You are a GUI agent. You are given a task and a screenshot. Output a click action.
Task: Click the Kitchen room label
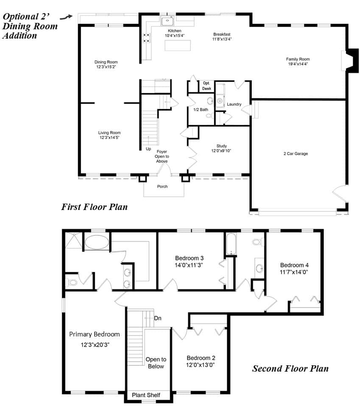(174, 31)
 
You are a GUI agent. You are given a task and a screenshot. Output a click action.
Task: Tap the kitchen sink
(167, 21)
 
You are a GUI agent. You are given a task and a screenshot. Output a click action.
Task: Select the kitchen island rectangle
(178, 45)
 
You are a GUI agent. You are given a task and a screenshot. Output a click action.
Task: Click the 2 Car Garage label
(296, 154)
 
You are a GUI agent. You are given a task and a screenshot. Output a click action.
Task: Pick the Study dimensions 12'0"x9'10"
(221, 151)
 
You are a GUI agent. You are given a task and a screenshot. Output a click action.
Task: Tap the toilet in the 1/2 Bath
(209, 115)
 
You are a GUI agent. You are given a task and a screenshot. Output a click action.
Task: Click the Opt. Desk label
(207, 86)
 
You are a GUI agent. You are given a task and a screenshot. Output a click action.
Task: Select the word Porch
(162, 186)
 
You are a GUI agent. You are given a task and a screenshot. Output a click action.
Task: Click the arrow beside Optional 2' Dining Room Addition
(66, 17)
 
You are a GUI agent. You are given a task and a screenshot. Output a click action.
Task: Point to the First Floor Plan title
(95, 207)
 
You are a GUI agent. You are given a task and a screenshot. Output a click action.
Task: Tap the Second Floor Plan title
(290, 369)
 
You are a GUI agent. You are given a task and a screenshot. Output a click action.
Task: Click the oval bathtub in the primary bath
(97, 242)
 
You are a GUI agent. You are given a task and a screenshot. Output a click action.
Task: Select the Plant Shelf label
(146, 395)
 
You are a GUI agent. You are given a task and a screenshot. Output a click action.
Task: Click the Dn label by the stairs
(158, 318)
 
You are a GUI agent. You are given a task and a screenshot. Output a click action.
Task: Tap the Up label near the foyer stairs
(148, 149)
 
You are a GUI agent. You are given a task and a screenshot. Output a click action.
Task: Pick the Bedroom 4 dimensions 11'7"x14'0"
(294, 272)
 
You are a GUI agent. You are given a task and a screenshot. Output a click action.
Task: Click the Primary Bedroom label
(95, 334)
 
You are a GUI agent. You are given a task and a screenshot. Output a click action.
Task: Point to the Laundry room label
(234, 104)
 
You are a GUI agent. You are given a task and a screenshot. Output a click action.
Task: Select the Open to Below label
(156, 363)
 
